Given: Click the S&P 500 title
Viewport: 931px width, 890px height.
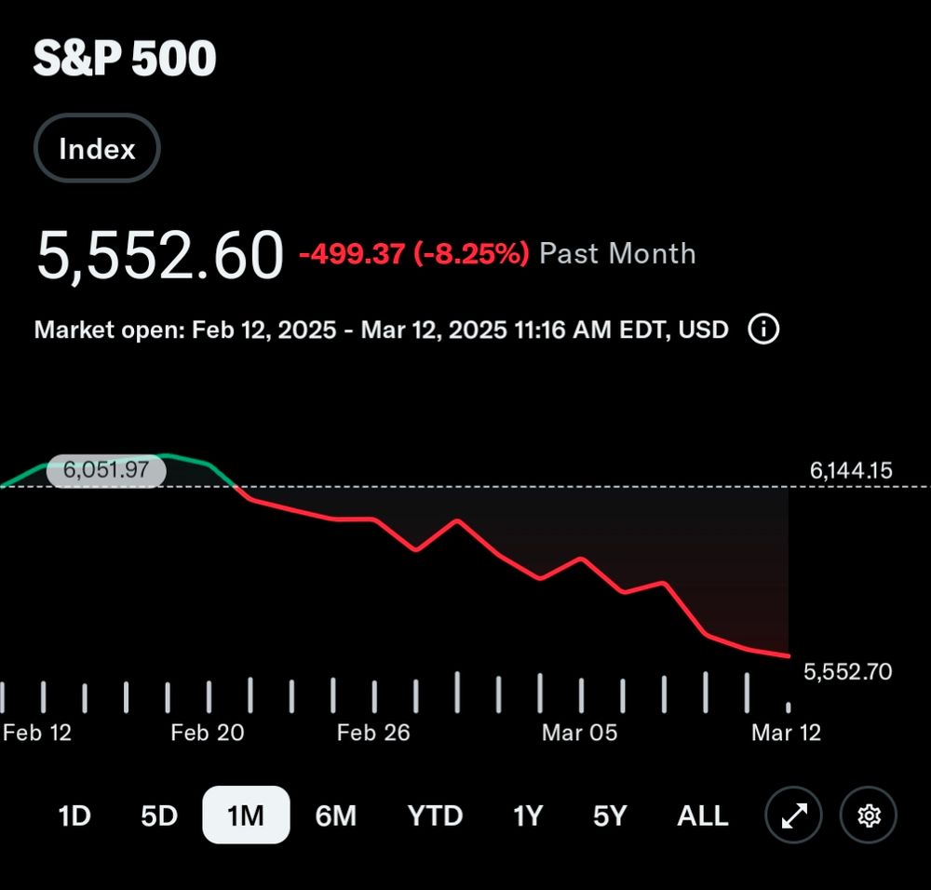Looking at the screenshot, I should [125, 60].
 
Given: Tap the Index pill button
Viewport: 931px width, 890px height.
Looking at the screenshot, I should [97, 149].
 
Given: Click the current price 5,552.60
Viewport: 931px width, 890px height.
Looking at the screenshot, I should [159, 254].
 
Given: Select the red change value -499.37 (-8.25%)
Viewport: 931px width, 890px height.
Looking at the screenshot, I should [413, 253].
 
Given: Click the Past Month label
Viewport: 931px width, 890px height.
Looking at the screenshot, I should [617, 253].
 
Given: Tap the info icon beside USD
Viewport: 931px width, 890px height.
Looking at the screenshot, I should [763, 329].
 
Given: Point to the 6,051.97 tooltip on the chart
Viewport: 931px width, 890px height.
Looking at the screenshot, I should [105, 470].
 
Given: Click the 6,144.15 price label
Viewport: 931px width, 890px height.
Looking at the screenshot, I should [851, 471].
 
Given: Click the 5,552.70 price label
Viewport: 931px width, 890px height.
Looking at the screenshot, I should [847, 671].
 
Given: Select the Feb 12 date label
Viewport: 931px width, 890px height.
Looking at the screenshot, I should [37, 733].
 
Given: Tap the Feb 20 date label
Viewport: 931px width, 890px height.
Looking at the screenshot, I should [207, 733].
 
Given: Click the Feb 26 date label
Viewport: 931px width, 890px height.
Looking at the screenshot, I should [373, 733].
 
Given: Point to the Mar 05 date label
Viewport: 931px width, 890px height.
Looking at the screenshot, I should [579, 733].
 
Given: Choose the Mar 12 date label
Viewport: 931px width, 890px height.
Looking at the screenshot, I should [786, 733].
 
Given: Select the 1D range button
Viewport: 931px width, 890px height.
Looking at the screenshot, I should [74, 816].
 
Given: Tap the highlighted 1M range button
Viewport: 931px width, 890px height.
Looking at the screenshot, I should [246, 816].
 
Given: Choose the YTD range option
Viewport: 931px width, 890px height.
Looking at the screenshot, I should [435, 816].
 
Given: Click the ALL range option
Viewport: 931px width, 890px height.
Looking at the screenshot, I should [702, 816].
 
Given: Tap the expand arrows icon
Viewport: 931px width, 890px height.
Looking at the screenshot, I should [793, 816].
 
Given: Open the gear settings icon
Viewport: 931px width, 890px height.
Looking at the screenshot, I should [869, 816].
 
